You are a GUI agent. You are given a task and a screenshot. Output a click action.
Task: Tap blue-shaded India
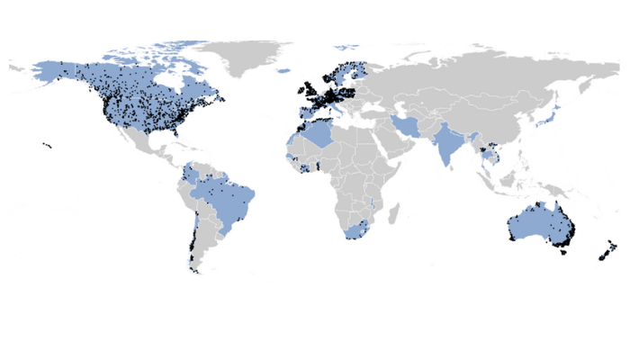[x=447, y=144]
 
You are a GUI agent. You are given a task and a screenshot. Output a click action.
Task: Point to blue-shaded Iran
[x=409, y=125]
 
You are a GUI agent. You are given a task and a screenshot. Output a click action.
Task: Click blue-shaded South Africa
[x=355, y=232]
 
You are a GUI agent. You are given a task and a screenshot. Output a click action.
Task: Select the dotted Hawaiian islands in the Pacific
[x=47, y=146]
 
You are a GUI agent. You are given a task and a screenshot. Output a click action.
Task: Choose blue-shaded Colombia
[x=192, y=175]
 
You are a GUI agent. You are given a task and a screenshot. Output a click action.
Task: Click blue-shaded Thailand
[x=487, y=153]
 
